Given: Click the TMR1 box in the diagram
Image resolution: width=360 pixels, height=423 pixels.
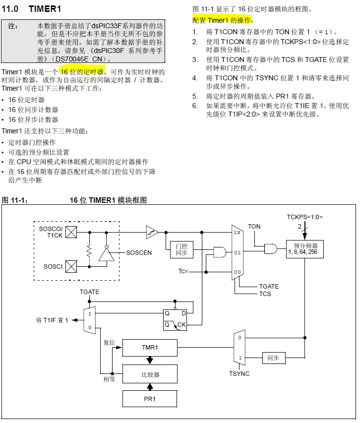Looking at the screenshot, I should click(x=150, y=348).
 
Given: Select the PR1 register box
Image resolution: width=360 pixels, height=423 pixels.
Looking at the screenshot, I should click(x=150, y=399).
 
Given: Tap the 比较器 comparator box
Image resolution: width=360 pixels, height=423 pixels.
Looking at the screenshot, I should click(x=150, y=374).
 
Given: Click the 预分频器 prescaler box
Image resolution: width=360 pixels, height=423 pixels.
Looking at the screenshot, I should click(x=305, y=248).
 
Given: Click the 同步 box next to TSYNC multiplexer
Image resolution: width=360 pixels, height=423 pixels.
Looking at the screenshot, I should click(x=273, y=358).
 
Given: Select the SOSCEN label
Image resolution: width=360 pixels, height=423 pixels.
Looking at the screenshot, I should click(x=139, y=253).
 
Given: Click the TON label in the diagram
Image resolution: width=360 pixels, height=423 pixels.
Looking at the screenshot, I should click(x=254, y=226).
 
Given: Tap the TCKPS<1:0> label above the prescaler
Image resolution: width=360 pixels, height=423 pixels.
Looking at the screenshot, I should click(x=308, y=217).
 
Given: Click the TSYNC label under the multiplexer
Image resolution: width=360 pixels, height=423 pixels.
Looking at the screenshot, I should click(x=239, y=373).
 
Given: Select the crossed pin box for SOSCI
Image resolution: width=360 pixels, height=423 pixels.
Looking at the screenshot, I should click(x=71, y=267).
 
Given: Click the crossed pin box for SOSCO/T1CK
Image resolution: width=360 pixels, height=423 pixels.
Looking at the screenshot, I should click(x=71, y=232).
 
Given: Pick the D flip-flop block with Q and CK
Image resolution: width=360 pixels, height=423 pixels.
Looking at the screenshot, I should click(x=176, y=319).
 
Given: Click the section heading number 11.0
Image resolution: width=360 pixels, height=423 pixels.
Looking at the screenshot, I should click(x=10, y=9).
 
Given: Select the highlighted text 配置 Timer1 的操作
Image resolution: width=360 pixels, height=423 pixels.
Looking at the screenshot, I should click(x=222, y=20).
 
